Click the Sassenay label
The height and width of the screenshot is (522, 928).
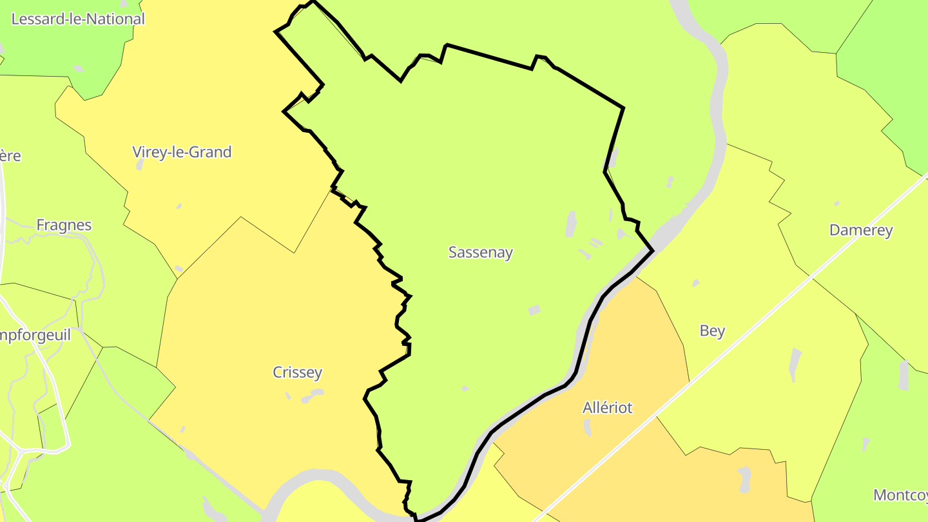[480, 253]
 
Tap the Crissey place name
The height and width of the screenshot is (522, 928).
[297, 372]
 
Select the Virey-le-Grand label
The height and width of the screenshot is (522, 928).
[182, 152]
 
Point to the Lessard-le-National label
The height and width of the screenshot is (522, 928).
[78, 19]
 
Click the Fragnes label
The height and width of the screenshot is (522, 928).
[64, 226]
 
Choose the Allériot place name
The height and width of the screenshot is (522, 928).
[607, 408]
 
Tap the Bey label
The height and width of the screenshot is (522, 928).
[712, 331]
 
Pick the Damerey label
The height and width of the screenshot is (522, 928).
[861, 231]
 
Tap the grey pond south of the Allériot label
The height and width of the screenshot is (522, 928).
[587, 427]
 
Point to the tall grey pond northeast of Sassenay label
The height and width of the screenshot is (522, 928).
[570, 224]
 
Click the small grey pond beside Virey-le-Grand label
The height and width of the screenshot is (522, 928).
[140, 165]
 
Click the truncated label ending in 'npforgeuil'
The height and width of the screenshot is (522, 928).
[35, 335]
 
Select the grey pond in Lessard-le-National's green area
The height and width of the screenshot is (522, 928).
[78, 68]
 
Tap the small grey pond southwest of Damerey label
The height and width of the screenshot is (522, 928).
[836, 204]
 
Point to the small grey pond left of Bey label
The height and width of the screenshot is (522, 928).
[695, 283]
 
